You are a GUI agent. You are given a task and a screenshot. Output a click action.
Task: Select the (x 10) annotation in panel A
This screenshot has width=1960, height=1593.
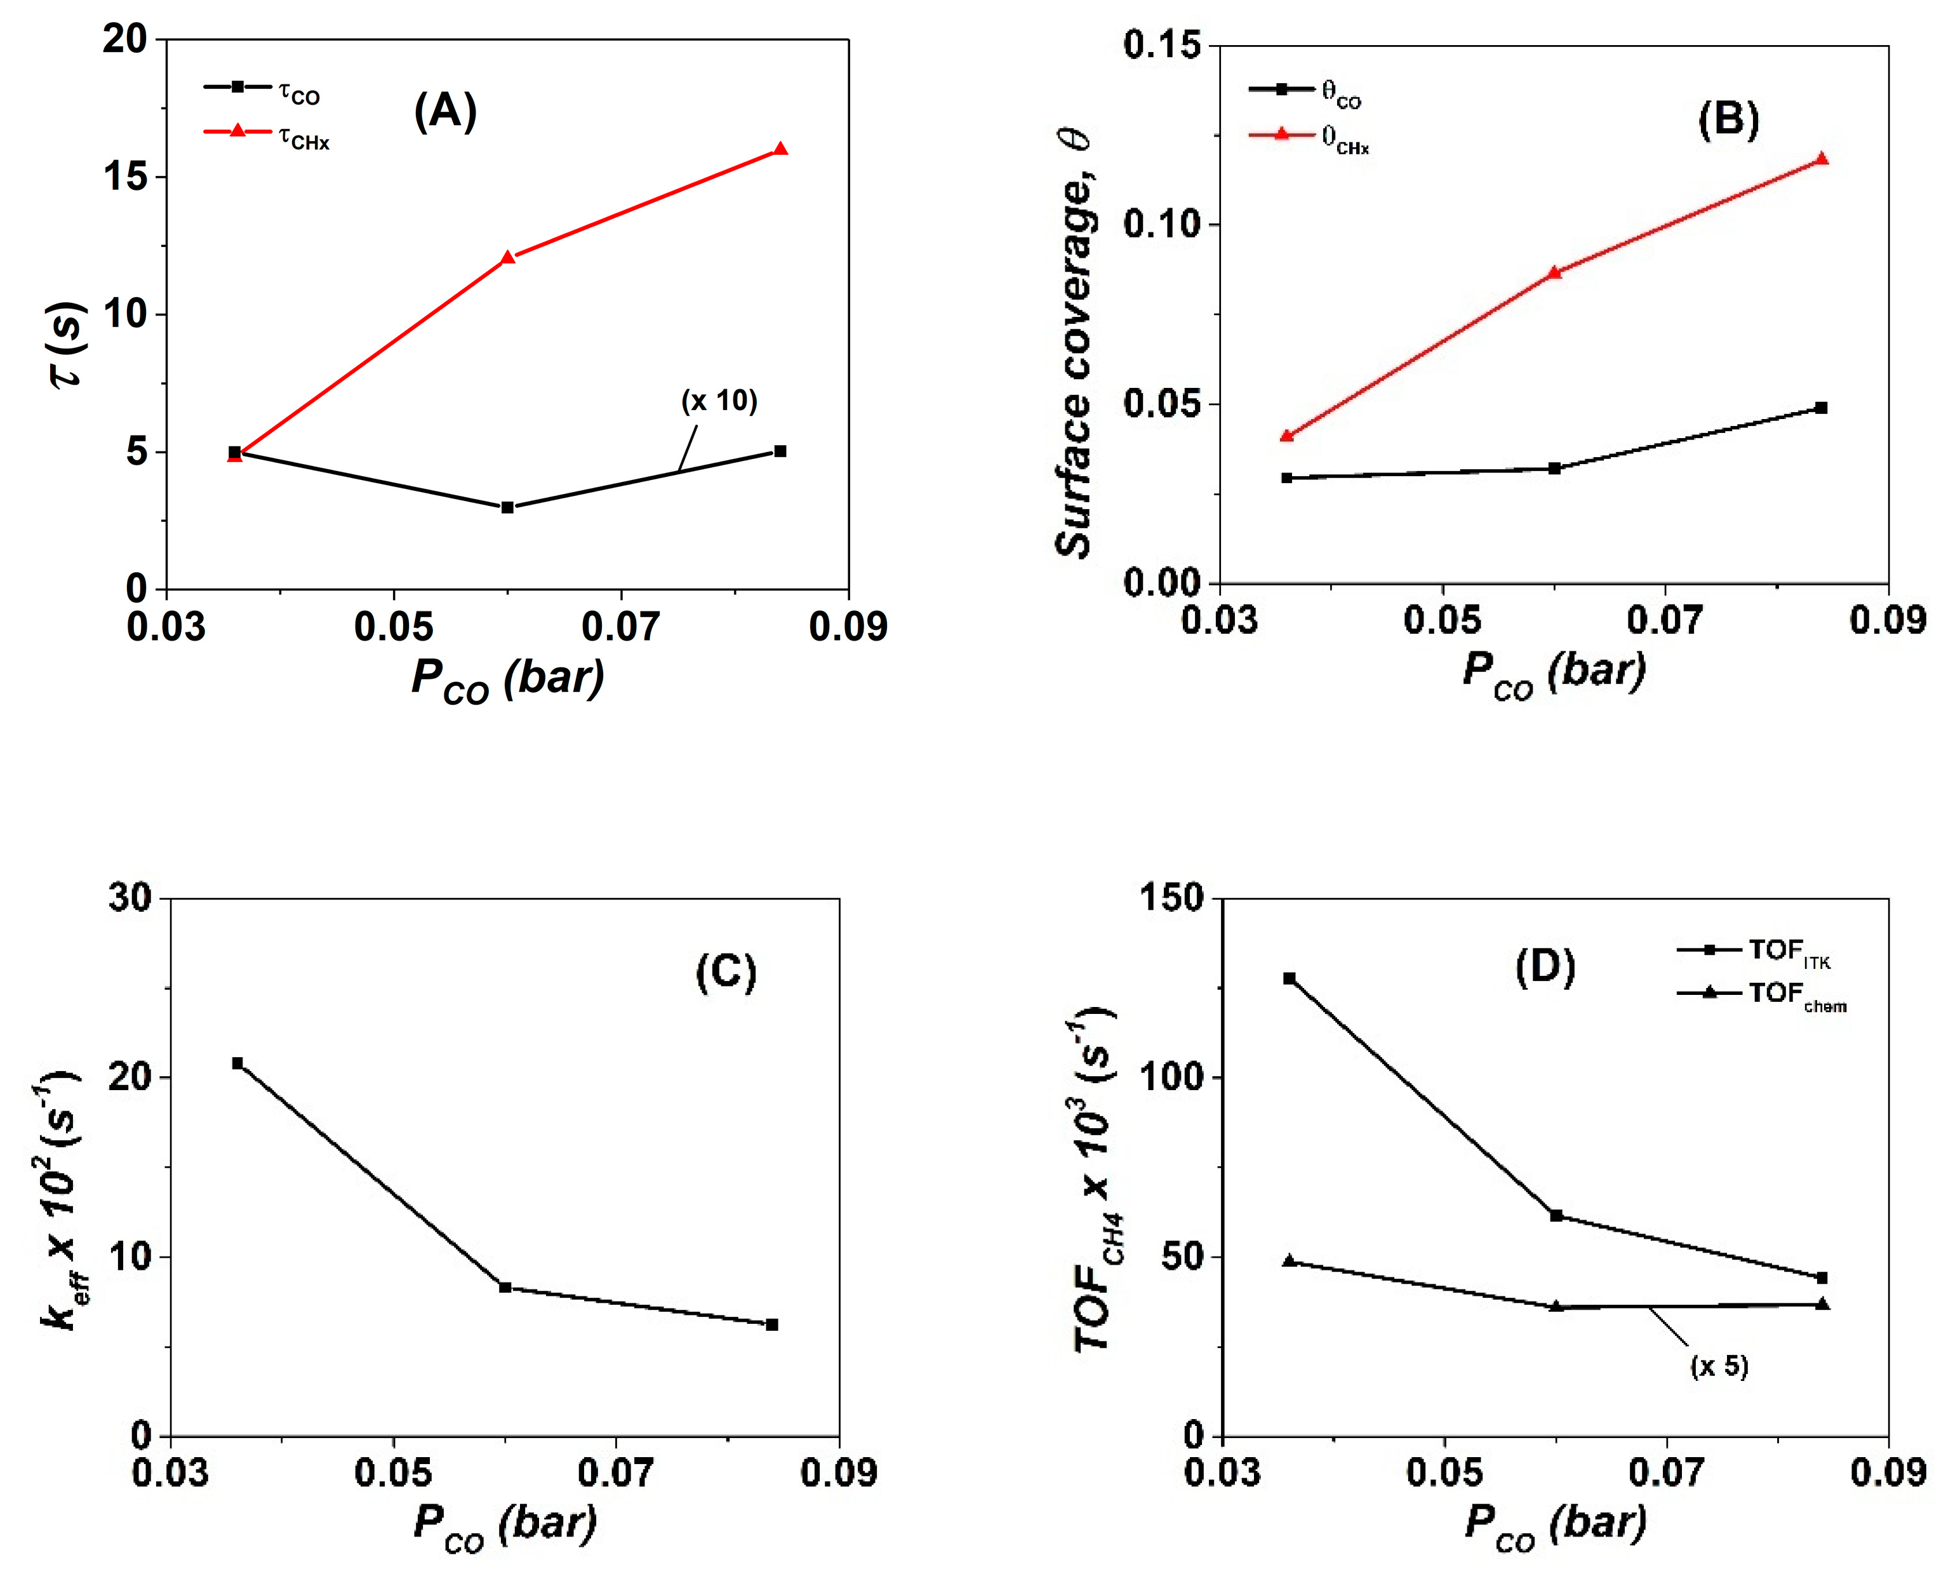point(719,401)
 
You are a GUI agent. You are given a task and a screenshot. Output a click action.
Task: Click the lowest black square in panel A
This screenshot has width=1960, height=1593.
point(507,507)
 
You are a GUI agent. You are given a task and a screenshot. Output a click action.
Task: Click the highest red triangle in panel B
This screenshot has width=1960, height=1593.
point(1822,159)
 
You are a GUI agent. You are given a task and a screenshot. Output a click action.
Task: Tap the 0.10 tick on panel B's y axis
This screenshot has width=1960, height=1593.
point(1162,224)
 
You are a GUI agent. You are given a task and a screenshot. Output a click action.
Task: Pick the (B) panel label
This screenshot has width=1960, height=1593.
point(1728,120)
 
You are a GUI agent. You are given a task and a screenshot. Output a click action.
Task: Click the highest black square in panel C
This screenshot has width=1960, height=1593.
point(237,1063)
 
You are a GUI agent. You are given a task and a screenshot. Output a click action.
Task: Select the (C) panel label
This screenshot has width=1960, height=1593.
point(725,972)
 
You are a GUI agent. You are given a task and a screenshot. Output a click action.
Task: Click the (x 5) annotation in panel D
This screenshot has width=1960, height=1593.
point(1719,1366)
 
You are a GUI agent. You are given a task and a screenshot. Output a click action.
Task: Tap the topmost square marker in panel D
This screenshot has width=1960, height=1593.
point(1290,978)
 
